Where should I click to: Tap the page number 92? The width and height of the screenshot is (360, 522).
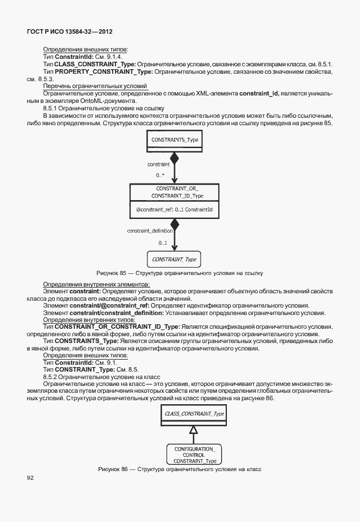point(31,477)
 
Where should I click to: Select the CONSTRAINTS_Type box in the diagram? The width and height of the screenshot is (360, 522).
point(175,139)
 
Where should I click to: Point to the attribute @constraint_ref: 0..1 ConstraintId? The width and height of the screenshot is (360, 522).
point(175,210)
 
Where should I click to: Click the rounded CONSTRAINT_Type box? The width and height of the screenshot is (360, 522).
point(174,260)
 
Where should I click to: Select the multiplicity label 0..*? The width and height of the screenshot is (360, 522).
point(161,175)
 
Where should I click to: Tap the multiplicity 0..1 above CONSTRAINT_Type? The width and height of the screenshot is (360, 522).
point(162,244)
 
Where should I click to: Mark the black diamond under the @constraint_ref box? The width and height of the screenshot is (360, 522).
point(175,225)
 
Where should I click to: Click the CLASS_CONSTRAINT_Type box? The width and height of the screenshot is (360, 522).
point(193,413)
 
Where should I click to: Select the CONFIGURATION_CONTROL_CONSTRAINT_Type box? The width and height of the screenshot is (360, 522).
point(194,455)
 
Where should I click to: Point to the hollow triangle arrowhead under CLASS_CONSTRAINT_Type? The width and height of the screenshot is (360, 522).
point(193,428)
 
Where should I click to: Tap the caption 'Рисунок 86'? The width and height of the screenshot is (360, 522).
point(114,469)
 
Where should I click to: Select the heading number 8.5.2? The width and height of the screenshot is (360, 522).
point(51,377)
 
